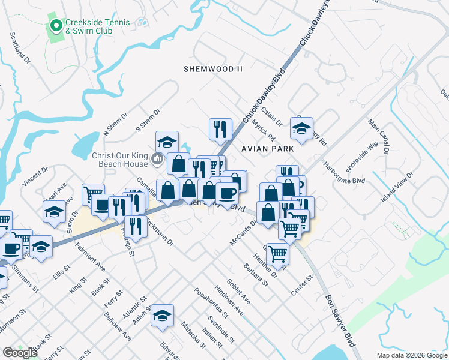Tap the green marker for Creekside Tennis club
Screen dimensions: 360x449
(x=56, y=25)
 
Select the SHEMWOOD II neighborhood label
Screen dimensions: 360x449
(x=213, y=69)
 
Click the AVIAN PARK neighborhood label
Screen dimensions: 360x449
(x=267, y=148)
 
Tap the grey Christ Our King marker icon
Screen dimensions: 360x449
(x=157, y=159)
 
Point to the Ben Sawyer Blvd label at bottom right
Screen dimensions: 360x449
(x=340, y=318)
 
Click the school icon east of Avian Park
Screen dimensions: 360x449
(x=301, y=128)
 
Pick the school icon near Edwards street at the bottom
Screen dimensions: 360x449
(x=162, y=316)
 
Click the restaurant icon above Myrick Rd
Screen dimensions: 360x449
(x=220, y=128)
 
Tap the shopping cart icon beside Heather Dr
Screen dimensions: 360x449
(x=277, y=253)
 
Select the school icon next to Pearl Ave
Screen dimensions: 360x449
(x=54, y=212)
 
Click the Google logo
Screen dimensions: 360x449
(x=20, y=353)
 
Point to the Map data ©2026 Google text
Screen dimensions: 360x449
(x=411, y=355)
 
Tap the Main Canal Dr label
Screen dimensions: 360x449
(x=379, y=137)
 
